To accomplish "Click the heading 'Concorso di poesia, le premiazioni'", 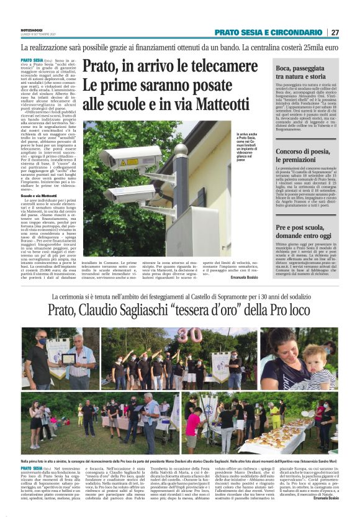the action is point(305,157).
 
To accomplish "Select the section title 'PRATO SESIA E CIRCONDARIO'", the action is point(268,32).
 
